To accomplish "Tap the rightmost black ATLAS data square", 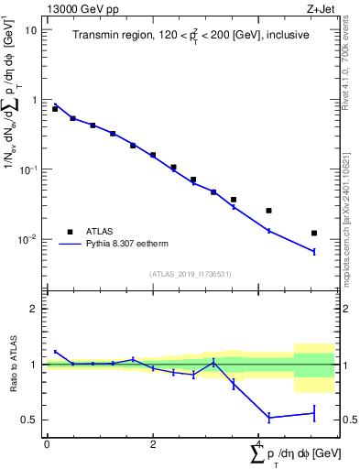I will [314, 234].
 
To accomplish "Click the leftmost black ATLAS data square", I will [55, 109].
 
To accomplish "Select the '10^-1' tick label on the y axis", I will [30, 169].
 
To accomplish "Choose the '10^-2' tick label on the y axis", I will [30, 240].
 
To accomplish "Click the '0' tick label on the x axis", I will [47, 444].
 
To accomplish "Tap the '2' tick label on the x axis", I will [153, 444].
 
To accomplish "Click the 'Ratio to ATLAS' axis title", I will [12, 365].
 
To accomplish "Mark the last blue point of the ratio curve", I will [314, 413].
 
